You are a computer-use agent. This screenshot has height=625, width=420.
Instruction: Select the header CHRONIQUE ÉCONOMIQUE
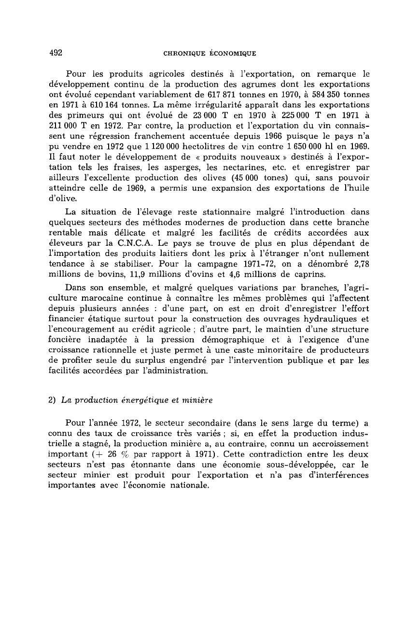click(210, 53)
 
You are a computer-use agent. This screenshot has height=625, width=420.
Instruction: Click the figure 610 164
click(100, 105)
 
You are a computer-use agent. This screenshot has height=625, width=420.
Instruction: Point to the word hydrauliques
click(323, 319)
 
